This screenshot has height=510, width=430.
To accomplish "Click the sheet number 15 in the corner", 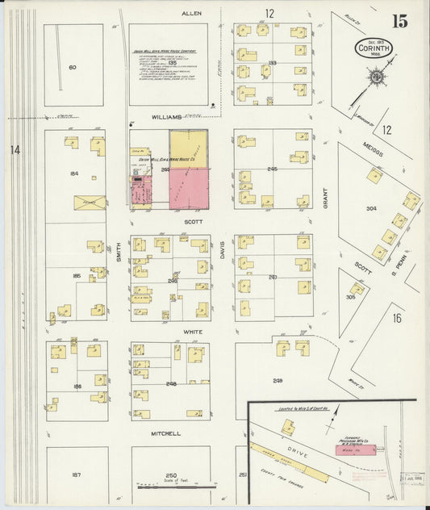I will (400, 20).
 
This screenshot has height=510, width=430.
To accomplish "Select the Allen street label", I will (190, 14).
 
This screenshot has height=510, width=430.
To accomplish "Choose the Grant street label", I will (326, 199).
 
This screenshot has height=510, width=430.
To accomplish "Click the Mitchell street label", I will (165, 433).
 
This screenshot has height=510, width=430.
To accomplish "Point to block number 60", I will (73, 67).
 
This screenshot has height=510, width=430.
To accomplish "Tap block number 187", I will (76, 474).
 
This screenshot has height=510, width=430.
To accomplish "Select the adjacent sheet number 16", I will (397, 318).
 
